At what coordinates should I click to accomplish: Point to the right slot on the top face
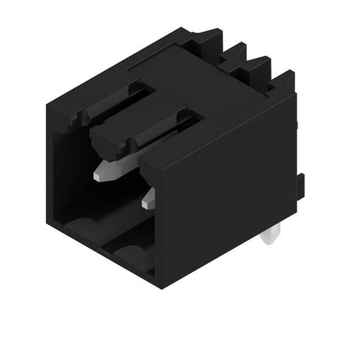pos(163,132)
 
